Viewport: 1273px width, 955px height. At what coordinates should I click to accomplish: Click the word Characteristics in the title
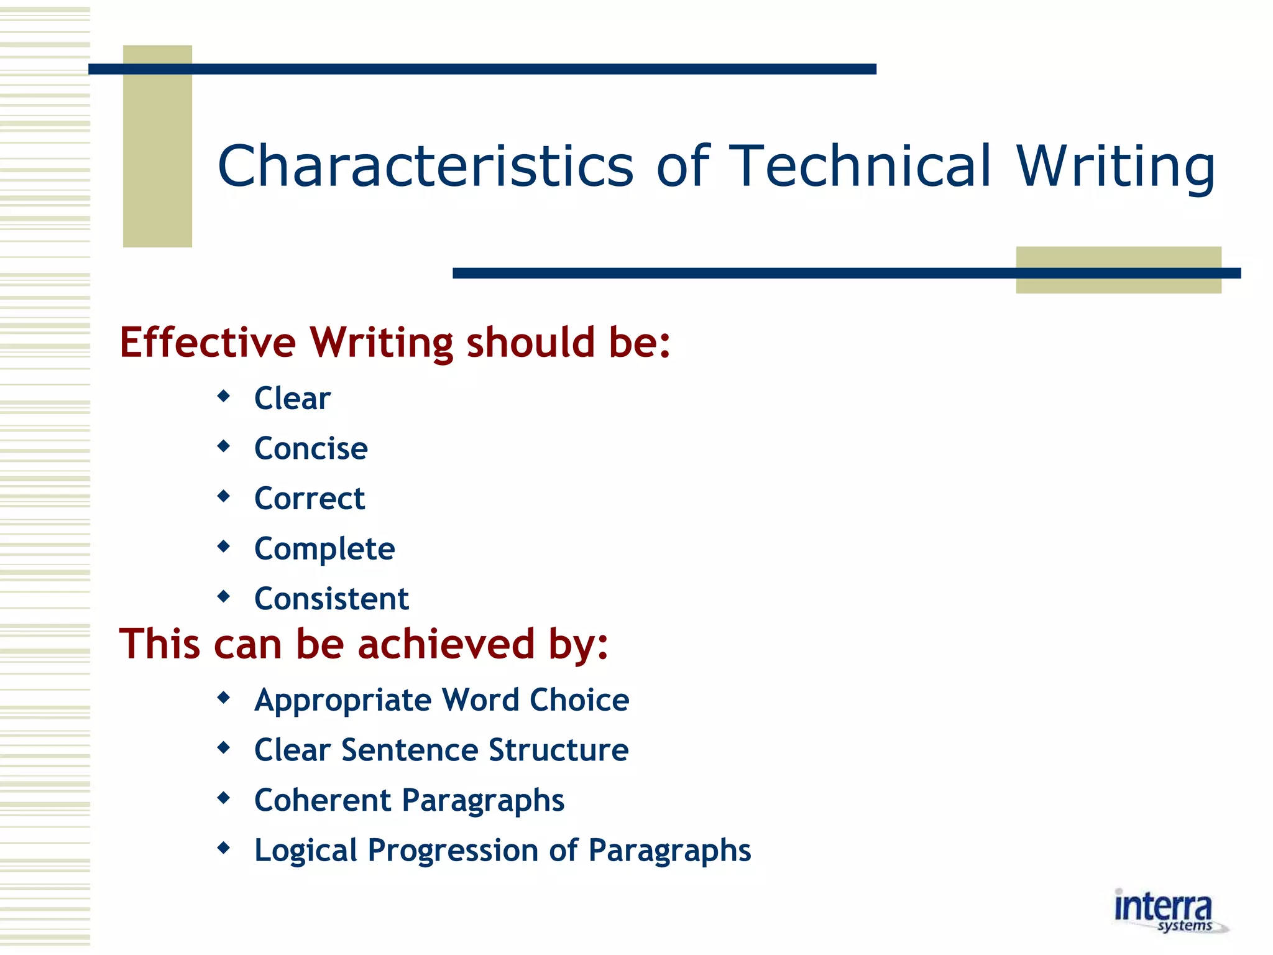[x=426, y=166]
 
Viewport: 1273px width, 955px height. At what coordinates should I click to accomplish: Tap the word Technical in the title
[x=860, y=166]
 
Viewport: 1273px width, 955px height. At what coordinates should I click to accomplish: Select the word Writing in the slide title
[x=1116, y=166]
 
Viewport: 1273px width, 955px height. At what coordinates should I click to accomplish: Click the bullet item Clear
[x=292, y=398]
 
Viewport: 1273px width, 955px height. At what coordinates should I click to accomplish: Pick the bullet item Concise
[x=311, y=448]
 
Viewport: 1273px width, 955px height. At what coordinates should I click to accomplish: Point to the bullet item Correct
[x=310, y=499]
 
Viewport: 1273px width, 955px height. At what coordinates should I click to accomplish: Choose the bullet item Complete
[x=324, y=549]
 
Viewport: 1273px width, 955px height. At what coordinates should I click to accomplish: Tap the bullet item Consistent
[x=331, y=599]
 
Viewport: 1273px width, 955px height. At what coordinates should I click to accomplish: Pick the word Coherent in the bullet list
[x=323, y=800]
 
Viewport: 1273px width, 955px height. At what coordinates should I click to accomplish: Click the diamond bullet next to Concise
[x=224, y=446]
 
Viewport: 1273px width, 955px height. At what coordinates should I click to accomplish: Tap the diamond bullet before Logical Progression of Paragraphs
[x=224, y=847]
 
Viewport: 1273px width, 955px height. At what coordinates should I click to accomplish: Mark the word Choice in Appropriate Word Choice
[x=579, y=700]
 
